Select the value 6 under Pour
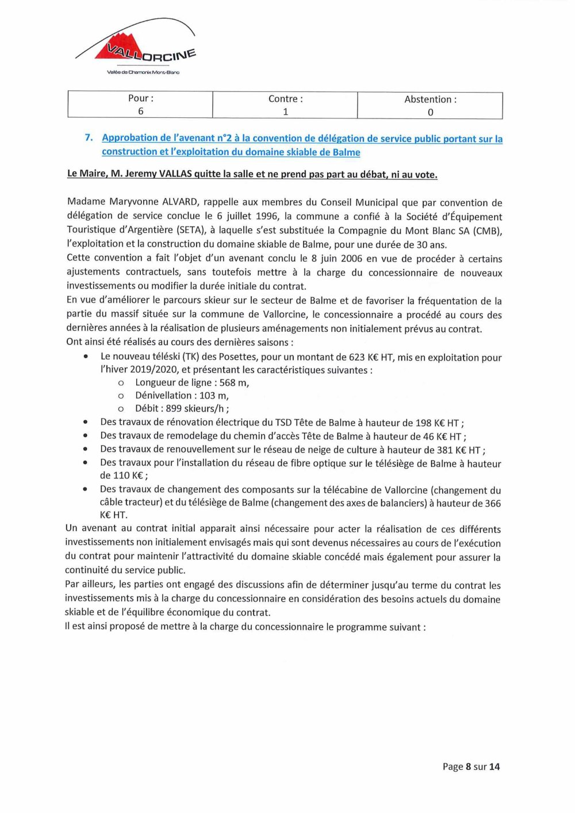(x=140, y=111)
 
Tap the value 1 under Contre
(x=285, y=112)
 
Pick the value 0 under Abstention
(x=430, y=113)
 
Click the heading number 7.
(x=89, y=137)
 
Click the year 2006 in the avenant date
(x=351, y=258)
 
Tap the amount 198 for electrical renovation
(x=423, y=423)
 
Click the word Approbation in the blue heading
(x=130, y=138)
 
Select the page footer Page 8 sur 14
(x=471, y=766)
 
